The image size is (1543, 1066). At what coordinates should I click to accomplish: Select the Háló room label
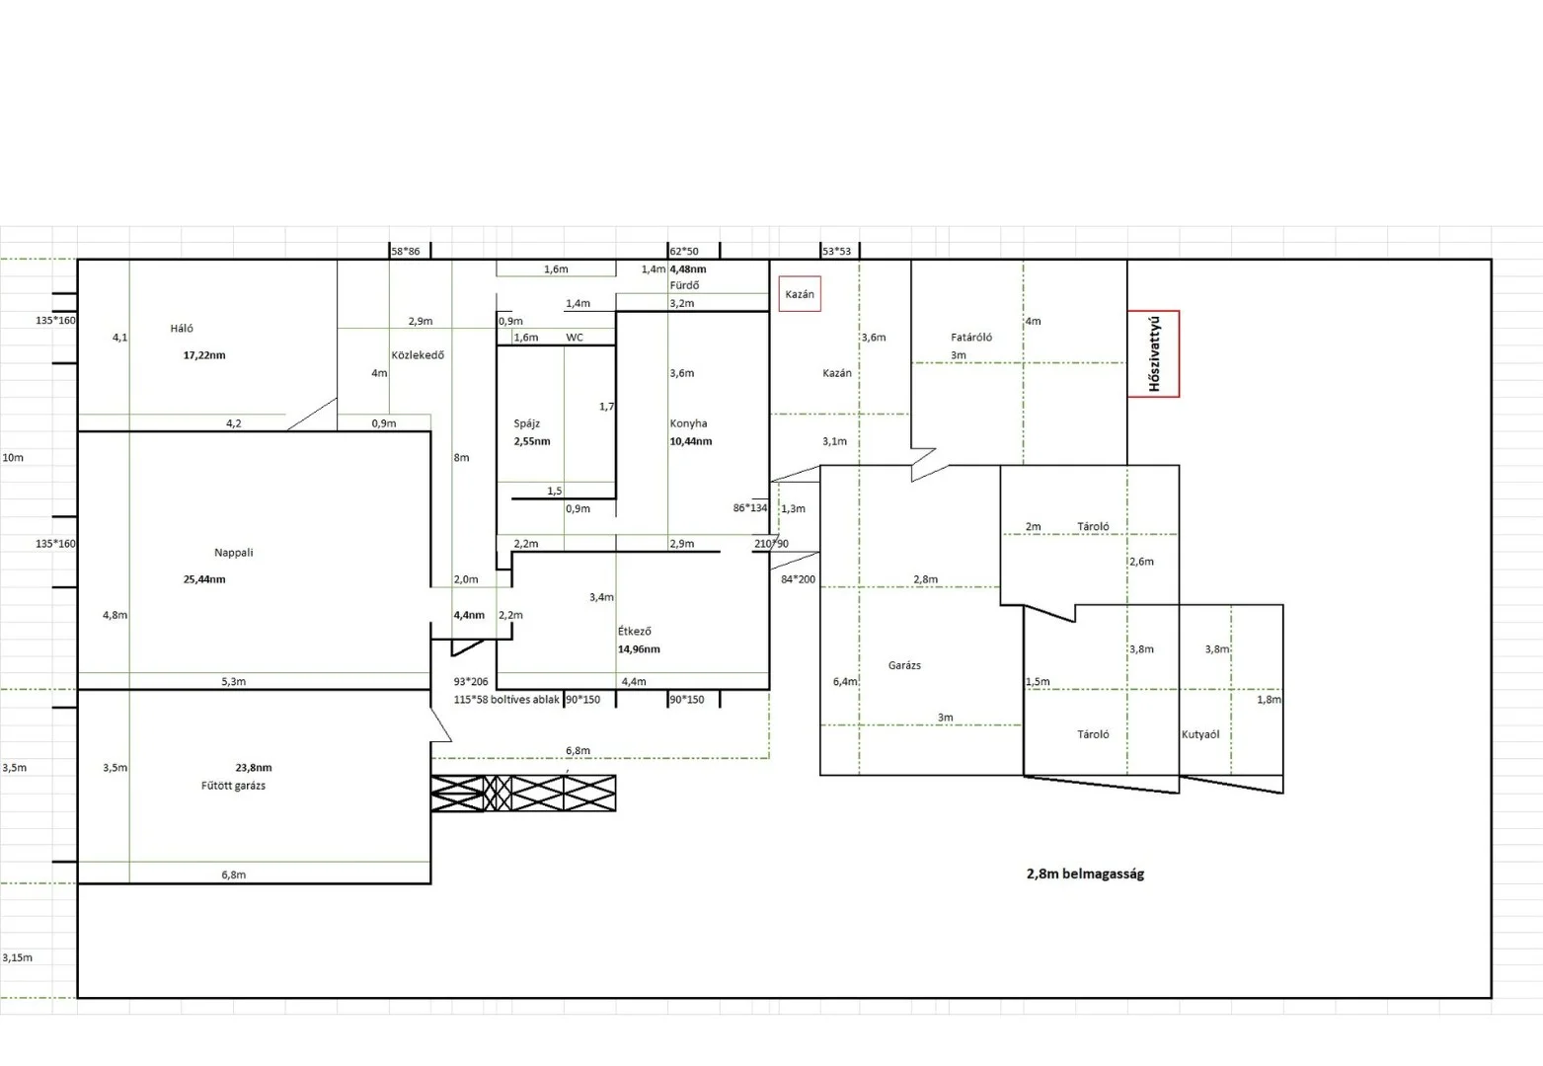click(x=182, y=329)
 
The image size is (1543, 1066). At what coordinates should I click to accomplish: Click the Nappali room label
click(x=234, y=553)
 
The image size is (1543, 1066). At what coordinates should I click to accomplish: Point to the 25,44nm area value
click(x=204, y=579)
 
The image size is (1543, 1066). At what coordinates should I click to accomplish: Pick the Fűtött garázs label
click(x=233, y=786)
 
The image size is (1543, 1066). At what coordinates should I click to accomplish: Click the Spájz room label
click(x=527, y=423)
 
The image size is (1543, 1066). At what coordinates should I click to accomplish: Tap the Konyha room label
click(x=688, y=423)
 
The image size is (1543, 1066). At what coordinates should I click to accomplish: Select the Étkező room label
click(x=635, y=631)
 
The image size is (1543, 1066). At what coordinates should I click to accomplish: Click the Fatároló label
click(x=971, y=338)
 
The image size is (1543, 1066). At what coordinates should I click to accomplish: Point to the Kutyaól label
click(x=1200, y=734)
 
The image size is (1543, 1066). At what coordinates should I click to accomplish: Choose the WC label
click(x=575, y=338)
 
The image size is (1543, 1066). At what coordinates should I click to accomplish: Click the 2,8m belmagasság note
click(x=1085, y=874)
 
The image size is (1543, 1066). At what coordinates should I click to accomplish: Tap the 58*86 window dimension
click(x=406, y=252)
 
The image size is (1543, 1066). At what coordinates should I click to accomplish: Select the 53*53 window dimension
click(x=837, y=252)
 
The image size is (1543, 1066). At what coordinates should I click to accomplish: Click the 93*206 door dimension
click(x=471, y=682)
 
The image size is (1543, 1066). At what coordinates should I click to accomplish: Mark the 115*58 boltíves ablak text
click(x=506, y=700)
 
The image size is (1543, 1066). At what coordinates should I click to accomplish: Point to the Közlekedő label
click(x=418, y=355)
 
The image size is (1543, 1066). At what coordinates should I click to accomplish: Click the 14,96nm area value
click(x=639, y=648)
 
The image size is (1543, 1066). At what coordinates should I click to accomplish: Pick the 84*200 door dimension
click(x=798, y=579)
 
